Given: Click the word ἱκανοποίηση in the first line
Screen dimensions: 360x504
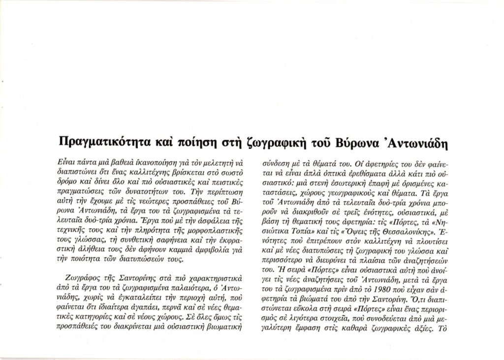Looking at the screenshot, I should (x=155, y=161).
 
